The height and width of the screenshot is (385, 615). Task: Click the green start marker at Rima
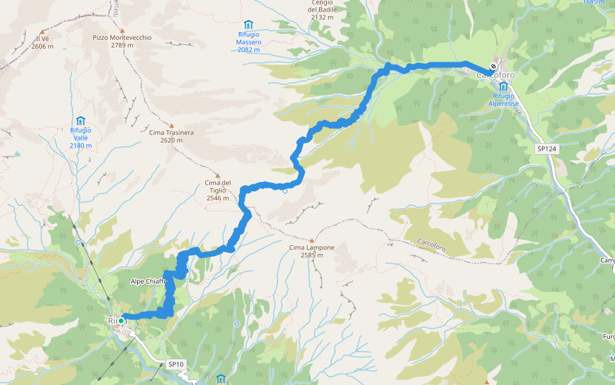[x=121, y=320]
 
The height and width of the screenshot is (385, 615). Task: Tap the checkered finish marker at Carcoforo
[x=493, y=66]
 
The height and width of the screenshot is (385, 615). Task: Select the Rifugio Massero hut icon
[x=249, y=24]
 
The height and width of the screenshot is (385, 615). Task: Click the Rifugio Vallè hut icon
[x=81, y=121]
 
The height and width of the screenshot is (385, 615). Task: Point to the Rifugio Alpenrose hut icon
[x=504, y=86]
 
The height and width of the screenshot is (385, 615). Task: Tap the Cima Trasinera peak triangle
[x=171, y=125]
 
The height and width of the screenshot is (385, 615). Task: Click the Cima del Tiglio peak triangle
[x=217, y=175]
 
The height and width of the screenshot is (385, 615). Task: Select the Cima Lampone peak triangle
[x=312, y=240]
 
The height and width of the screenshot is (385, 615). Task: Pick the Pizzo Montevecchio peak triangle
[x=122, y=30]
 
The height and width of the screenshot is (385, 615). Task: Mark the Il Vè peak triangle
[x=42, y=31]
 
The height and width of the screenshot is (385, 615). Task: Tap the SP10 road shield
[x=176, y=364]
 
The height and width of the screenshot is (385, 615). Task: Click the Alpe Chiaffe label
[x=149, y=281]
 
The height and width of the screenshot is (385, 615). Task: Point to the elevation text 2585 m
[x=312, y=255]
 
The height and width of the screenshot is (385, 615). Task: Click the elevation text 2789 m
[x=122, y=46]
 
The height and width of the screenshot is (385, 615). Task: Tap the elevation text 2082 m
[x=249, y=49]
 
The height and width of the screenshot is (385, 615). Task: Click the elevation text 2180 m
[x=81, y=145]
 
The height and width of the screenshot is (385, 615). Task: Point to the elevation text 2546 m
[x=218, y=198]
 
